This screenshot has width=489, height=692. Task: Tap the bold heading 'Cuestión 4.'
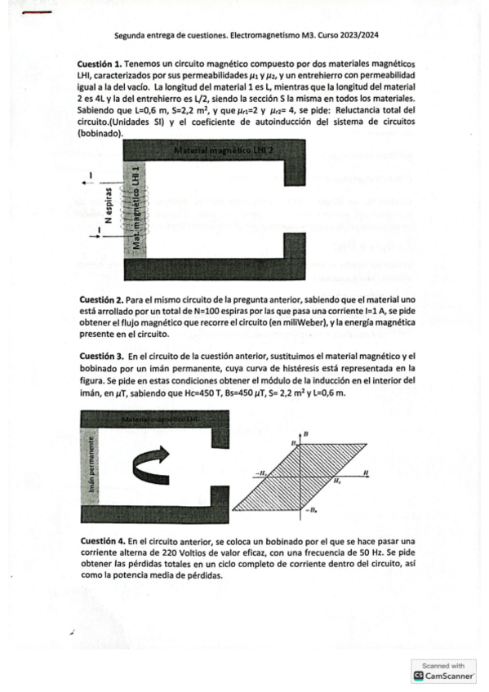(x=103, y=540)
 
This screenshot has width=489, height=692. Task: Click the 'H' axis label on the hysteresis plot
(x=367, y=472)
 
